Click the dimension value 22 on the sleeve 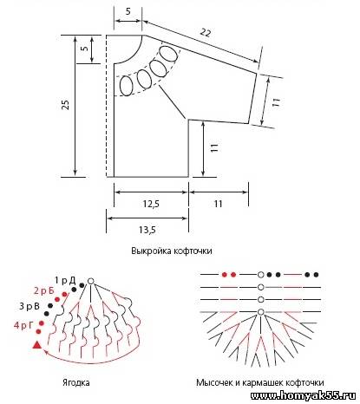[x=206, y=33]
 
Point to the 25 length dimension [x=66, y=105]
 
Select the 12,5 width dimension [x=151, y=204]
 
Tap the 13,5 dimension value [x=147, y=230]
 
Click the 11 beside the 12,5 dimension [x=218, y=204]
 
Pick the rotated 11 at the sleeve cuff [x=276, y=102]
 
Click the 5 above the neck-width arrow [x=128, y=11]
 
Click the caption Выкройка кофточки [x=172, y=251]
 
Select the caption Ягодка [x=76, y=382]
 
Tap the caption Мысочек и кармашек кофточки [x=260, y=382]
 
